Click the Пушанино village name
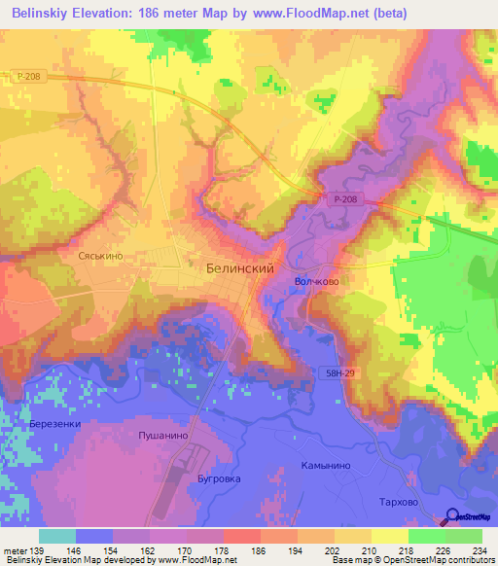(x=162, y=436)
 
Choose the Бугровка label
(x=212, y=479)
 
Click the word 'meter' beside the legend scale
(x=16, y=550)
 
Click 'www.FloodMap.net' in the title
(x=309, y=12)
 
